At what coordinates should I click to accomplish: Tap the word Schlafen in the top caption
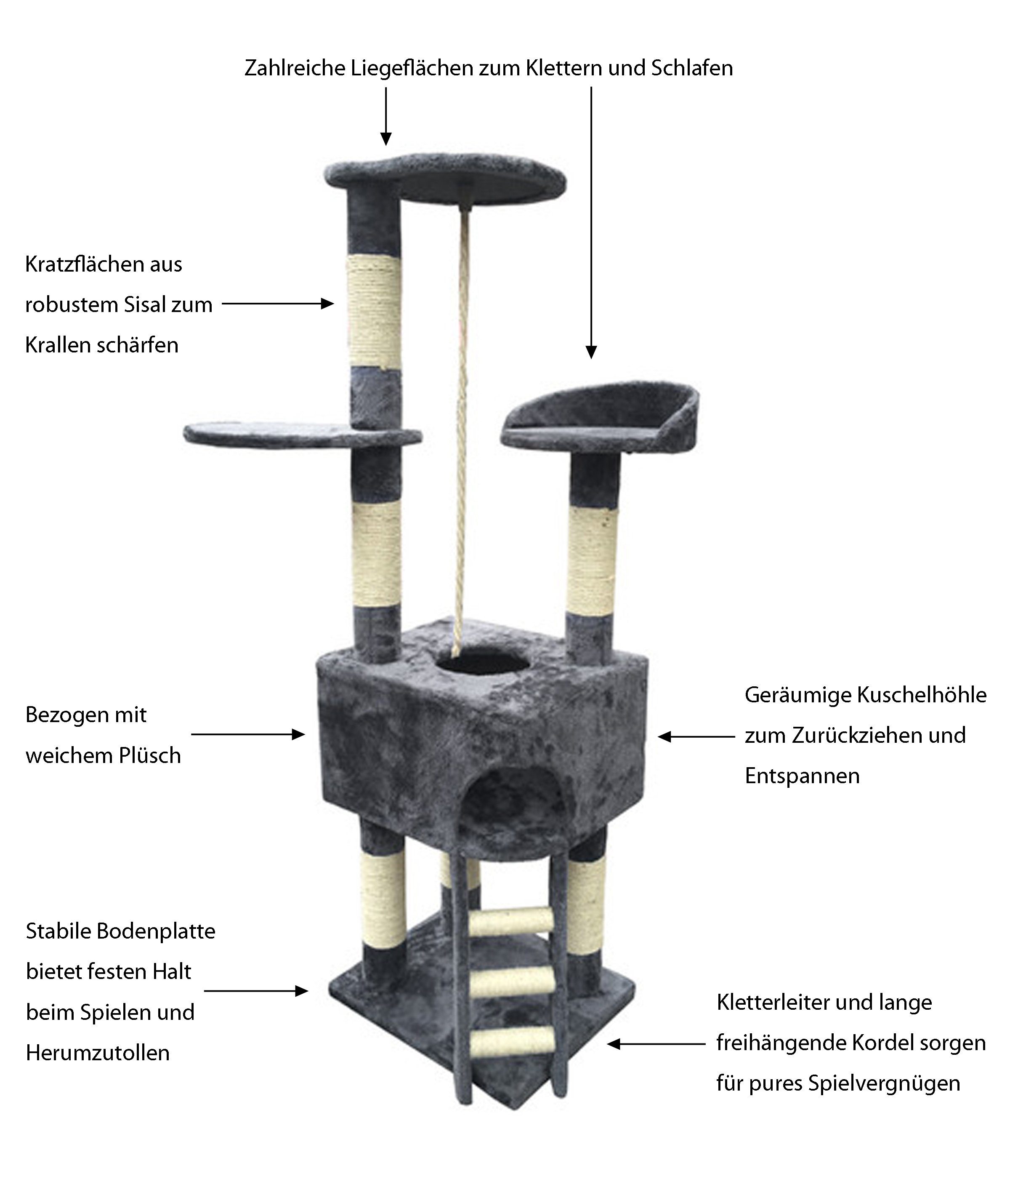click(692, 68)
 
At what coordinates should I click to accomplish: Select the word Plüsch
click(150, 756)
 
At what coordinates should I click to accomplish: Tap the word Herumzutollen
click(98, 1053)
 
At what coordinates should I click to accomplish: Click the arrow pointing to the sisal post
click(277, 304)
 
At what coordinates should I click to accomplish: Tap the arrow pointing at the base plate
click(256, 991)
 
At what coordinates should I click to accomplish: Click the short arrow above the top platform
click(386, 116)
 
